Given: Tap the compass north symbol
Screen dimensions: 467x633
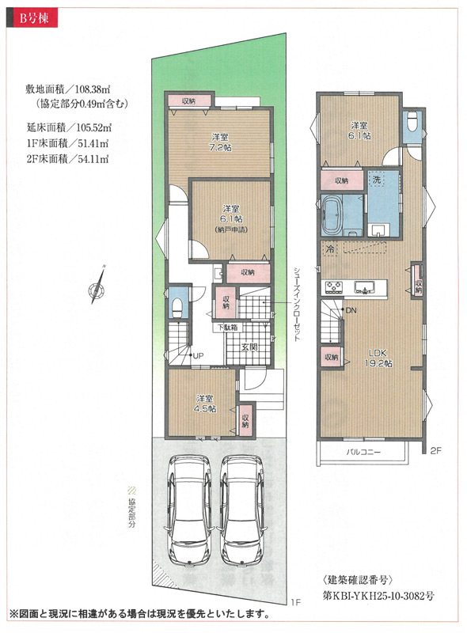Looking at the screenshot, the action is (x=97, y=286).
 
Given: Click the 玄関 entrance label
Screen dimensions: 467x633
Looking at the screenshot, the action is (x=249, y=347).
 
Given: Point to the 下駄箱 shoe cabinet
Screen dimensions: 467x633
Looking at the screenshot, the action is (x=228, y=327).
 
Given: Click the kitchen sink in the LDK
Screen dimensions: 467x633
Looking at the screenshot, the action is (x=365, y=287).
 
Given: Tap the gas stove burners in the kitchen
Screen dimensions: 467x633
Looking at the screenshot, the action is (x=334, y=287).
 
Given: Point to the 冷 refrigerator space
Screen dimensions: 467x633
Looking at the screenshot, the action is (x=330, y=248).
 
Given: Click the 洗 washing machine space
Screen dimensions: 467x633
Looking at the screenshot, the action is (x=377, y=180).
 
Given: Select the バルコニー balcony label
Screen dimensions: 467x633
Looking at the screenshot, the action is (x=363, y=452).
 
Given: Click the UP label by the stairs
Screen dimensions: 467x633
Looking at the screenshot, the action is (x=198, y=355).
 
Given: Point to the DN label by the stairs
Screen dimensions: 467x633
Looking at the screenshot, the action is (x=351, y=310).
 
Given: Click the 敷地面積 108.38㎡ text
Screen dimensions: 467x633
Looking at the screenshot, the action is (x=68, y=89).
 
